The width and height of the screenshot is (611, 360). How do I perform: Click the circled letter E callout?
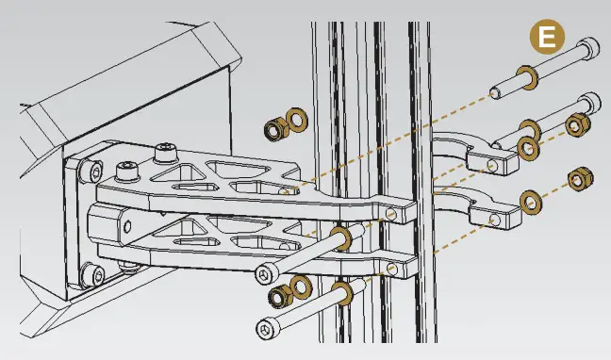pyautogui.click(x=546, y=38)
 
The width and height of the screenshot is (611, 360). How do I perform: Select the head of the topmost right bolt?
pyautogui.click(x=588, y=47)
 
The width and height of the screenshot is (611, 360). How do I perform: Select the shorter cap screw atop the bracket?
pyautogui.click(x=127, y=171)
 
